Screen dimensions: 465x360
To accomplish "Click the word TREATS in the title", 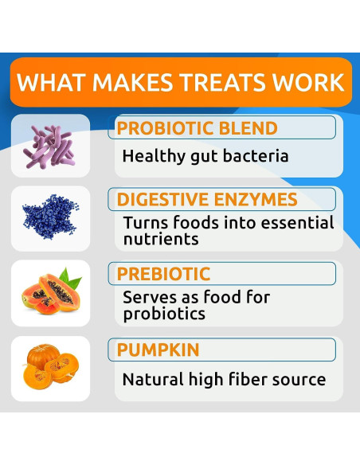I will pyautogui.click(x=220, y=82).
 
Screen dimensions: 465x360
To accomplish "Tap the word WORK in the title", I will pyautogui.click(x=307, y=82).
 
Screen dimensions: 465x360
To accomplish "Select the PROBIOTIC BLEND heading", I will pyautogui.click(x=198, y=128).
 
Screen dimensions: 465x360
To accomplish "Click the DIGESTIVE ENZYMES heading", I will pyautogui.click(x=207, y=200).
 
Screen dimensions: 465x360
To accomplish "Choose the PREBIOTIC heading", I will pyautogui.click(x=163, y=274).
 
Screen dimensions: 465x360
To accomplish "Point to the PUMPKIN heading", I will pyautogui.click(x=158, y=350).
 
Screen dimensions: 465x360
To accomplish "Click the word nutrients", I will pyautogui.click(x=159, y=238).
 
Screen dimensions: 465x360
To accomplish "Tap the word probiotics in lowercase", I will pyautogui.click(x=164, y=314).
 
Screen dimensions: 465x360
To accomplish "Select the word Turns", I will pyautogui.click(x=144, y=223).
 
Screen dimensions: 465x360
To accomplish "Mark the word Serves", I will pyautogui.click(x=148, y=298).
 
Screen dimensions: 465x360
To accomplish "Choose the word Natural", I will pyautogui.click(x=151, y=379).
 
